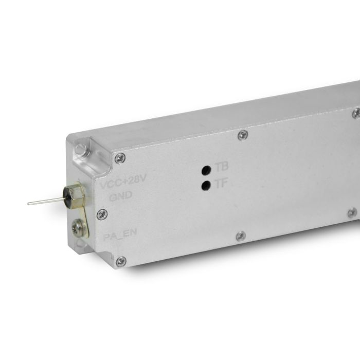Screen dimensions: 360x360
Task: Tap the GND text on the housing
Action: (121, 195)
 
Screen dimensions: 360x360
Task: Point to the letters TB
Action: (222, 167)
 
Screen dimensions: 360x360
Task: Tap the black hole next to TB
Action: (206, 170)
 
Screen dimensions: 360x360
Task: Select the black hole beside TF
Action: (206, 185)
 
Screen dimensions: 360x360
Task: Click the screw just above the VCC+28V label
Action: (120, 158)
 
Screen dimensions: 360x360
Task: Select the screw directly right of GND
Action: (102, 214)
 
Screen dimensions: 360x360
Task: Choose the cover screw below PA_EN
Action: (121, 262)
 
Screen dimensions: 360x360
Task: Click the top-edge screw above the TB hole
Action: (243, 135)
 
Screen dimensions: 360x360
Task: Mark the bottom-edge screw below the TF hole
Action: (240, 236)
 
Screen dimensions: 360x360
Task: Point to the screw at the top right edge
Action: (356, 113)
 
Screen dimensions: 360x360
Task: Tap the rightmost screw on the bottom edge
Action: (352, 212)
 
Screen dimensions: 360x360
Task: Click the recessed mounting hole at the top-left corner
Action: (81, 150)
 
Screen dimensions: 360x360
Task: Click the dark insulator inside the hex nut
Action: (67, 196)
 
